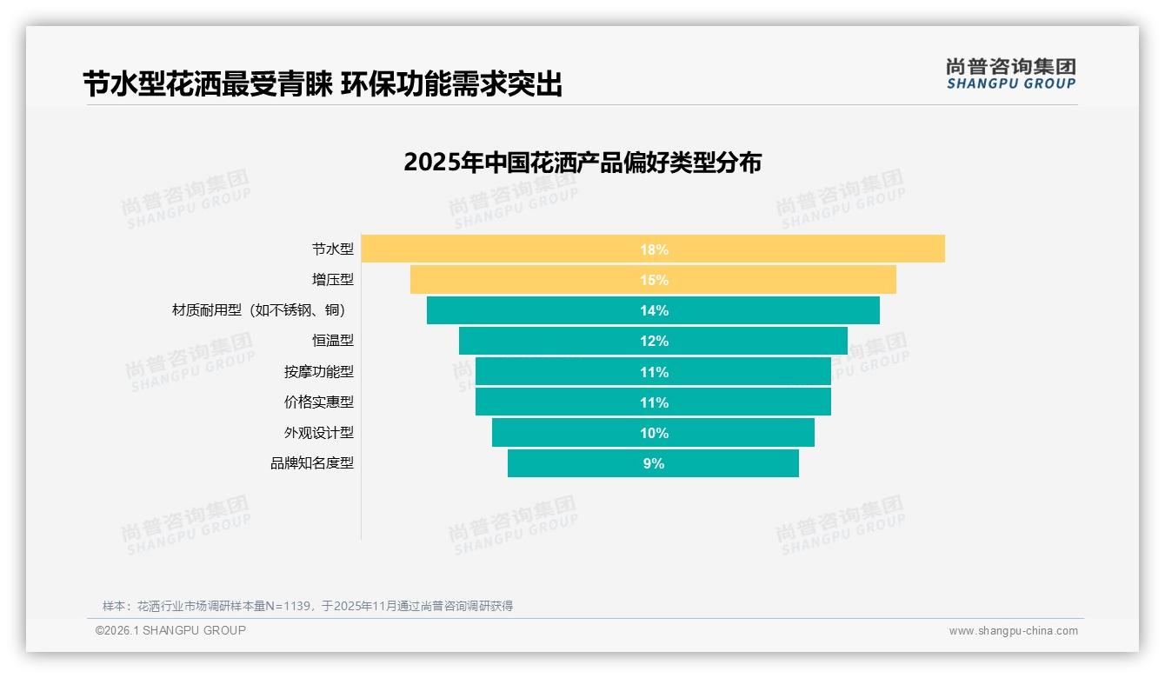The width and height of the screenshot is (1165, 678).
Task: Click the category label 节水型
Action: tap(333, 249)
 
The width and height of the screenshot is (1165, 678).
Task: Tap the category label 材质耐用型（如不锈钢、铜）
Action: tap(263, 310)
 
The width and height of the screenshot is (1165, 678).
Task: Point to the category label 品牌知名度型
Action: tap(312, 463)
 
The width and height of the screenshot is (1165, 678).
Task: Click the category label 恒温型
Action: tap(333, 341)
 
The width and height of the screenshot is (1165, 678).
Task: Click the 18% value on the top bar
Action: tap(654, 249)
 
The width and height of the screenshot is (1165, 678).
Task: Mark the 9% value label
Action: tap(654, 463)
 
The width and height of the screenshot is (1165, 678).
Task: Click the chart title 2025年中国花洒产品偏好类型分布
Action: tap(582, 163)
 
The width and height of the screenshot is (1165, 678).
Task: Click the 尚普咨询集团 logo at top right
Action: tap(1010, 73)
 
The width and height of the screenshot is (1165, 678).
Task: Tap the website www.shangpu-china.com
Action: tap(1013, 631)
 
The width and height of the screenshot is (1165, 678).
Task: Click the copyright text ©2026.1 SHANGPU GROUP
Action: tap(170, 630)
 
